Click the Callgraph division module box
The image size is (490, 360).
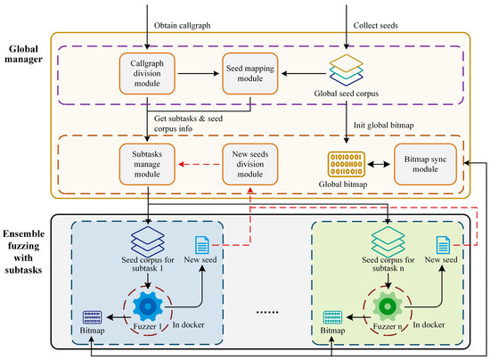[147, 73]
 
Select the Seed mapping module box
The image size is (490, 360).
[250, 73]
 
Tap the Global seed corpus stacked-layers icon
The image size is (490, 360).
[347, 70]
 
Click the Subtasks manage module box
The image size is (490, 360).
[147, 164]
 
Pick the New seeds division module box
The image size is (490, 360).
[250, 164]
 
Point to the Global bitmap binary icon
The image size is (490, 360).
[347, 164]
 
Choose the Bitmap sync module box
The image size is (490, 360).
[425, 164]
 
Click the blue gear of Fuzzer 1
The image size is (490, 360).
[148, 307]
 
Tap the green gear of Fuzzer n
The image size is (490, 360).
[388, 307]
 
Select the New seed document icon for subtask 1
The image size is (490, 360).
[202, 245]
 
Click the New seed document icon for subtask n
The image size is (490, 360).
[443, 245]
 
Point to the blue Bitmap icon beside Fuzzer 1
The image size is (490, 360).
[92, 317]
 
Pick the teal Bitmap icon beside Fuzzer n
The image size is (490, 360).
[332, 317]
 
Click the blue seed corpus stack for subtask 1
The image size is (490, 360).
[148, 241]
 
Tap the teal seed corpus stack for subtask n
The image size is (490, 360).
[388, 241]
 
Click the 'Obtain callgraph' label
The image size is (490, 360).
[182, 26]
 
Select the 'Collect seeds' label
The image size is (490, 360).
[376, 26]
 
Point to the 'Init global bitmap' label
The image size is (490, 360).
[384, 126]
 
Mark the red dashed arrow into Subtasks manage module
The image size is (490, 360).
[200, 164]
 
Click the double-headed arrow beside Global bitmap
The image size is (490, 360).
[379, 164]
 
